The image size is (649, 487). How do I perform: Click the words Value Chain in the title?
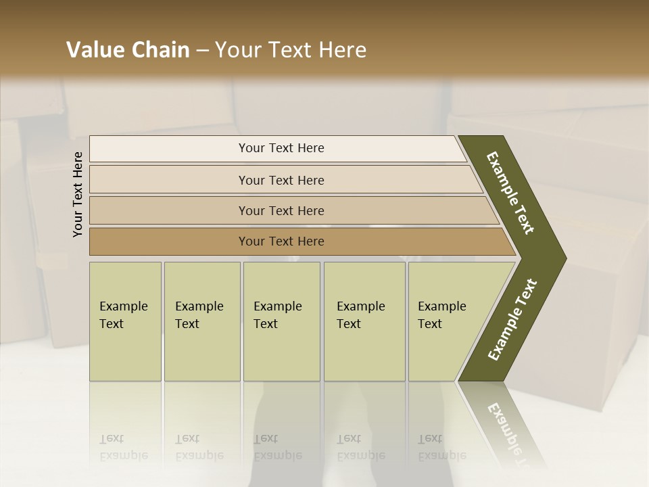tap(128, 50)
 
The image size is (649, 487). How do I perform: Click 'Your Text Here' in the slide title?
tap(291, 50)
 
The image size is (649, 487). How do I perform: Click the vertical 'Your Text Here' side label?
tap(78, 194)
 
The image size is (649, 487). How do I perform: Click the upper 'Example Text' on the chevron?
tap(510, 193)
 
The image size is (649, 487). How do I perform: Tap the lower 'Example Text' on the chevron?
tap(512, 320)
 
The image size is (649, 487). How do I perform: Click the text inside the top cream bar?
tap(281, 148)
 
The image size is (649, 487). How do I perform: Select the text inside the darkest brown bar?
tap(281, 241)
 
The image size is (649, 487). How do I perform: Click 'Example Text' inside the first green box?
tap(123, 315)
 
